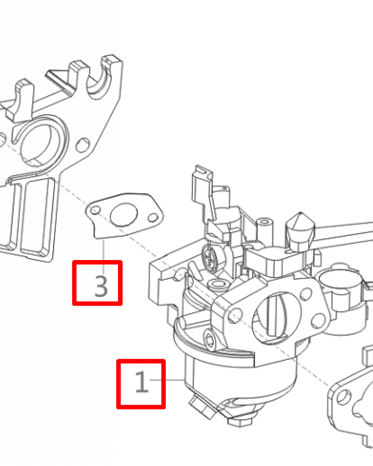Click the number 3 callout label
tap(101, 286)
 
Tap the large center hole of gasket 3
tap(124, 214)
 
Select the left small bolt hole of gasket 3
tap(95, 211)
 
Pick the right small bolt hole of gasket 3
tap(153, 218)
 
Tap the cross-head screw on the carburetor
tap(210, 257)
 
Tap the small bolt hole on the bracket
tap(83, 145)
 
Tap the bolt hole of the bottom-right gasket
tap(344, 397)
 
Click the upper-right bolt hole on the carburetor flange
tap(305, 293)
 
